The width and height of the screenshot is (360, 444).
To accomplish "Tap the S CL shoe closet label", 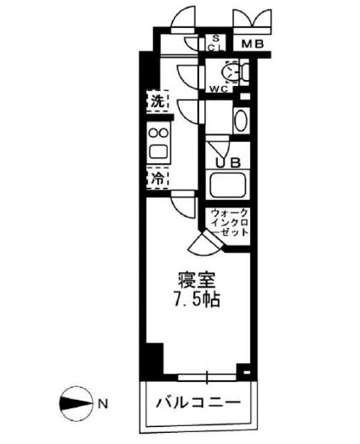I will pyautogui.click(x=216, y=43).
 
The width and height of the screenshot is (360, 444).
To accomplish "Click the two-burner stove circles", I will pyautogui.click(x=157, y=133).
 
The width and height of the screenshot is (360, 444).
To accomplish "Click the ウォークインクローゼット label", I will pyautogui.click(x=228, y=223).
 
